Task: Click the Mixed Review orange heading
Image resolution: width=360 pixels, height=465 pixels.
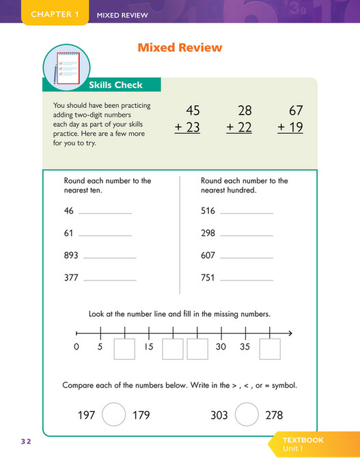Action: (x=180, y=48)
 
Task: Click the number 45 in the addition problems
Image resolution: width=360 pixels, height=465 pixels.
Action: (x=193, y=111)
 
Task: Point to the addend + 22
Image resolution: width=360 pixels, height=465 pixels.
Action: (x=239, y=128)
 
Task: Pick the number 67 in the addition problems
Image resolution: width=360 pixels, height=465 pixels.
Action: (x=295, y=111)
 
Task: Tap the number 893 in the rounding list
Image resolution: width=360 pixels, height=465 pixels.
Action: (x=71, y=255)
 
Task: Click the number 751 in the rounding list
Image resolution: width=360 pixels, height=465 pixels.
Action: (x=208, y=278)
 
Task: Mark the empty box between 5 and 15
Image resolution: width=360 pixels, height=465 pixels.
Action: (x=124, y=349)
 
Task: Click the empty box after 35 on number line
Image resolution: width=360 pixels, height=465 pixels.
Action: (x=270, y=349)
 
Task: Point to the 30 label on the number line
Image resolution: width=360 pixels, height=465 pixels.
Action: (x=221, y=347)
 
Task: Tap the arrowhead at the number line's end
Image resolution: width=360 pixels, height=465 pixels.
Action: (x=290, y=333)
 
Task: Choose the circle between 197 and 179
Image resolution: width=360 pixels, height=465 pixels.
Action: (x=114, y=414)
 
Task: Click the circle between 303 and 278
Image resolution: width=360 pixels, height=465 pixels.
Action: (x=247, y=414)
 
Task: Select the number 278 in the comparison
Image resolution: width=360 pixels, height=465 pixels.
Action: (x=273, y=415)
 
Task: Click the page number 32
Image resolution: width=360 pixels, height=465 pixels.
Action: (x=26, y=442)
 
